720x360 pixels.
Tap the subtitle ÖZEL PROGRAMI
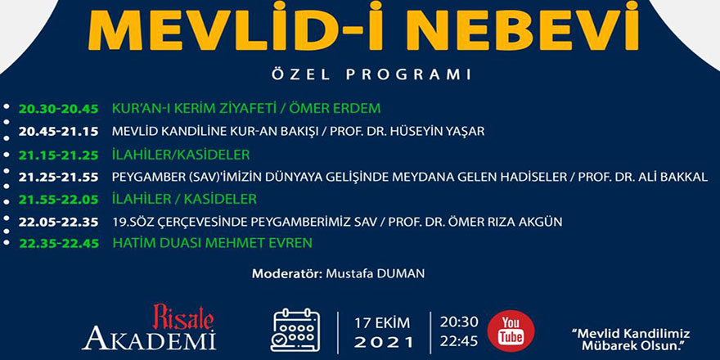(360, 74)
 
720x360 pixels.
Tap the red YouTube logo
(511, 331)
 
